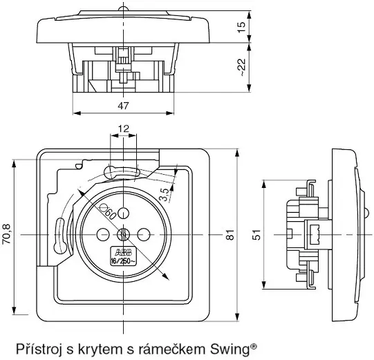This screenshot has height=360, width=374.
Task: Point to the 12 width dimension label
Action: click(123, 129)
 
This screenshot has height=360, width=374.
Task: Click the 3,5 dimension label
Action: click(163, 194)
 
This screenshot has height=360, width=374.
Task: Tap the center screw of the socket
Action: click(124, 234)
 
